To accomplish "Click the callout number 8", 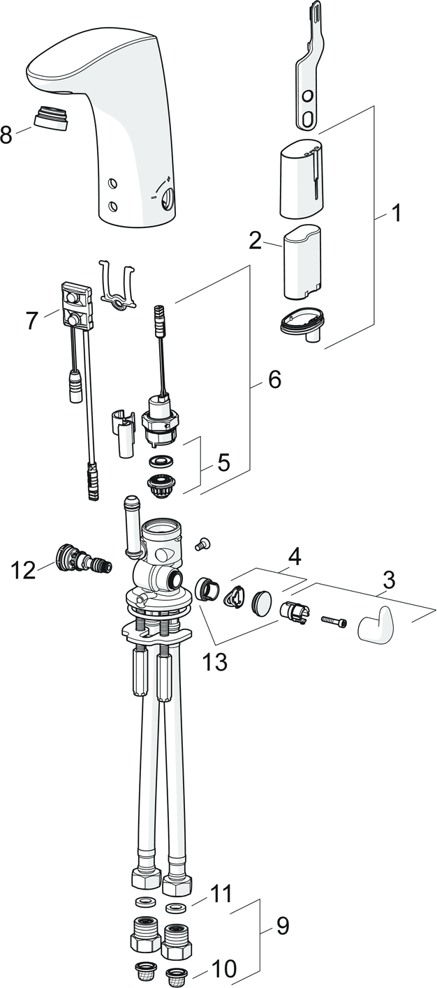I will [x=7, y=134].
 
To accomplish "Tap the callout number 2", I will [x=255, y=241].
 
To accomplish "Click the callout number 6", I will [x=274, y=380].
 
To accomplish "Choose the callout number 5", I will [x=223, y=463].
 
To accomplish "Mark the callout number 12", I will [x=23, y=570].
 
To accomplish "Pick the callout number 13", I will [x=215, y=662].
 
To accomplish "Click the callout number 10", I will [x=224, y=968].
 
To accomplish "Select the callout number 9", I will [x=282, y=927].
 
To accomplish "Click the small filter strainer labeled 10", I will [x=176, y=974].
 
